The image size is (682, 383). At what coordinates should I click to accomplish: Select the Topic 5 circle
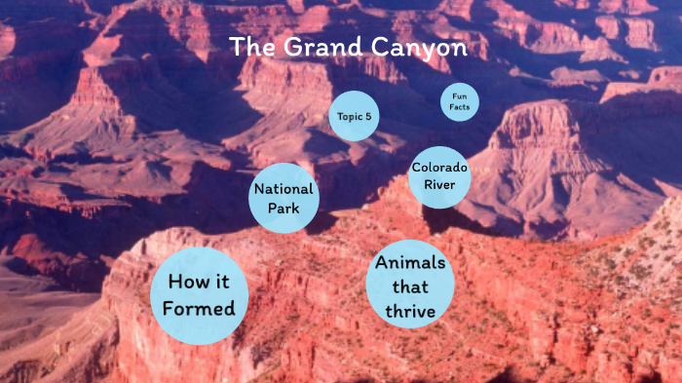[x=355, y=117]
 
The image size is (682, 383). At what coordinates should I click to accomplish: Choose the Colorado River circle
[x=439, y=176]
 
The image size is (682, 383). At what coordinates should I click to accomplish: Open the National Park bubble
[x=284, y=199]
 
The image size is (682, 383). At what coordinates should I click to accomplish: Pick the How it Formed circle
[x=200, y=295]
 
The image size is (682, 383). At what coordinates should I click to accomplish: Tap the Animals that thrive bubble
[x=410, y=286]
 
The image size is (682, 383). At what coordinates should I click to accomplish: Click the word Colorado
[x=439, y=168]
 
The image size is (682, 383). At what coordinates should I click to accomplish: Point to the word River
[x=439, y=185]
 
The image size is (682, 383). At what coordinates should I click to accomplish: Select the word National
[x=284, y=189]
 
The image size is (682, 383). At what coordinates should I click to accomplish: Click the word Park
[x=284, y=209]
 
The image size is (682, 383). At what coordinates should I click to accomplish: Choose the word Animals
[x=410, y=263]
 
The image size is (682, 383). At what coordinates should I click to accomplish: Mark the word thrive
[x=410, y=311]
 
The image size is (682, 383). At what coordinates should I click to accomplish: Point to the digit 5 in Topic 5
[x=368, y=117]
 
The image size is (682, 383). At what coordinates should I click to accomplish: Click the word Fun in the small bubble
[x=459, y=96]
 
